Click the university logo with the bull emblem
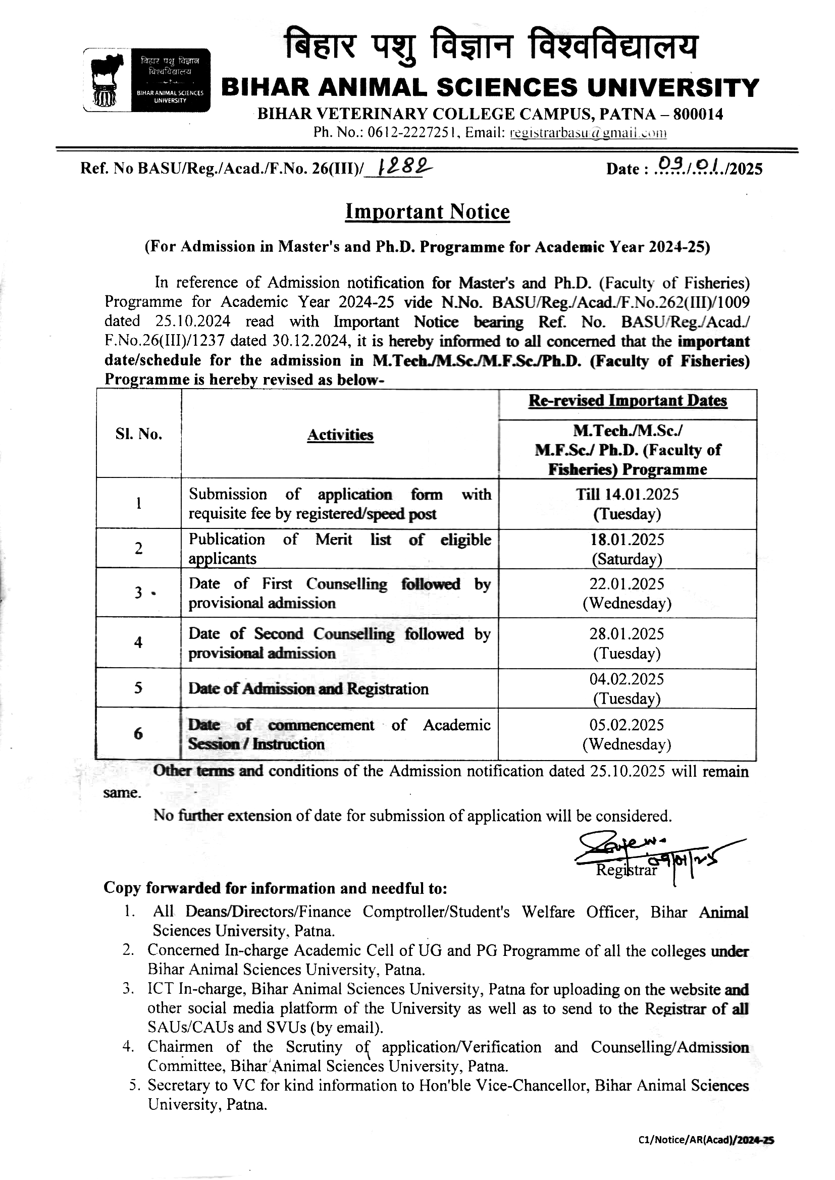(146, 80)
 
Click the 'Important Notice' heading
(427, 212)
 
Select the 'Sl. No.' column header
(138, 434)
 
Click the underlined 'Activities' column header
(340, 435)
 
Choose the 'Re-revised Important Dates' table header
(628, 401)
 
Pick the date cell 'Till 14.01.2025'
(628, 495)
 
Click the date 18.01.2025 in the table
(628, 540)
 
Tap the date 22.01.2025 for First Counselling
(628, 584)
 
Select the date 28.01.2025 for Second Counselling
(628, 634)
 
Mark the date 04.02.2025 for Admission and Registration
(628, 679)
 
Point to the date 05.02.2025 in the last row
(628, 725)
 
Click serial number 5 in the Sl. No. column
(138, 687)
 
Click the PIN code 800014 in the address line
(698, 114)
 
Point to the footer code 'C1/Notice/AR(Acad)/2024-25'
(706, 1154)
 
